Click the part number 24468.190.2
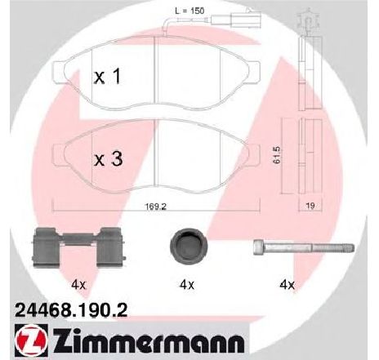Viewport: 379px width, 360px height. [71, 310]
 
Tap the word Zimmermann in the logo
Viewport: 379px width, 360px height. [149, 340]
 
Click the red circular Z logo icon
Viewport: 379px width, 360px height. [30, 340]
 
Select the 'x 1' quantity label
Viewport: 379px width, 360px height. [107, 76]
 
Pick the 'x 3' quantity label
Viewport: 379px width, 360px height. [108, 159]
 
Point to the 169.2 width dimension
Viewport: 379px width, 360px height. [155, 207]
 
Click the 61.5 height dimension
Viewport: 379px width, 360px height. [278, 155]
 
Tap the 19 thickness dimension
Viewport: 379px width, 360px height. [310, 206]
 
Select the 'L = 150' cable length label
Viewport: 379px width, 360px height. [189, 11]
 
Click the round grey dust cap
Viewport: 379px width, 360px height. [189, 244]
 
